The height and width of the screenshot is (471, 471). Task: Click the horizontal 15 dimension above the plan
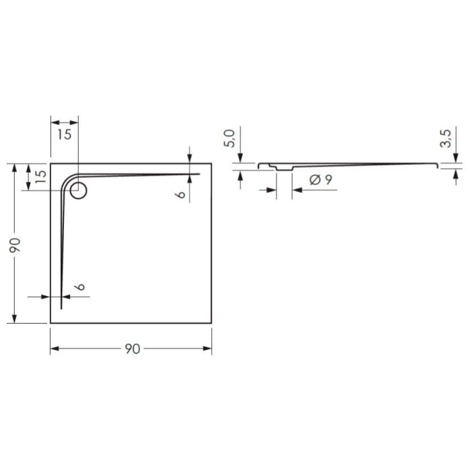click(x=64, y=134)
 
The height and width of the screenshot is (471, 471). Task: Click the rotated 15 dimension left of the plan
click(x=40, y=176)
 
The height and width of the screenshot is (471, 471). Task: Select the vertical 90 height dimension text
click(x=18, y=244)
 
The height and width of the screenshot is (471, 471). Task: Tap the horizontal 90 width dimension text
click(x=132, y=349)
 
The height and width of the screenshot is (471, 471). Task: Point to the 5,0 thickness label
click(x=229, y=140)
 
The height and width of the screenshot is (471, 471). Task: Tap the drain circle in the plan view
click(x=79, y=191)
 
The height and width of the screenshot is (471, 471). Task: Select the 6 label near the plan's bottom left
click(x=79, y=287)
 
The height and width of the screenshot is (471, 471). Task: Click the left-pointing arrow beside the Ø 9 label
click(x=296, y=190)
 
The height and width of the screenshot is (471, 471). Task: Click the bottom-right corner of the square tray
click(x=212, y=324)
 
